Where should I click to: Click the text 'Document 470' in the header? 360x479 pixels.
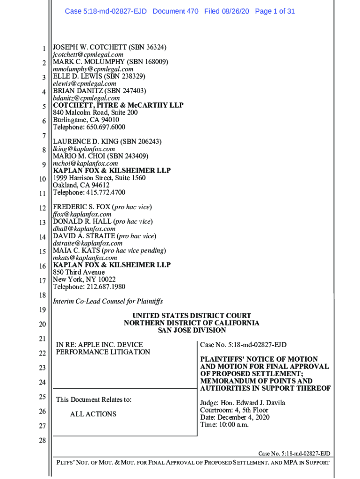pyautogui.click(x=175, y=11)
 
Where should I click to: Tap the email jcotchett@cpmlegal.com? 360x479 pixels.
pyautogui.click(x=88, y=55)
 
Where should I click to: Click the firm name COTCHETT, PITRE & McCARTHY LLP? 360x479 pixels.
pyautogui.click(x=118, y=105)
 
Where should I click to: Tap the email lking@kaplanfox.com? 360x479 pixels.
pyautogui.click(x=84, y=149)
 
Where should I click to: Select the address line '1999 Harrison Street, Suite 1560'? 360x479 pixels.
pyautogui.click(x=99, y=178)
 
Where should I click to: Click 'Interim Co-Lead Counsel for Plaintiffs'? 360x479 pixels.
pyautogui.click(x=108, y=302)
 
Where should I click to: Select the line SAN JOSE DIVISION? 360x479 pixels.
pyautogui.click(x=192, y=330)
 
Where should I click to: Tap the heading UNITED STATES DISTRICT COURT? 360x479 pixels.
pyautogui.click(x=192, y=316)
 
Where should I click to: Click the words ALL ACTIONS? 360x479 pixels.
pyautogui.click(x=93, y=414)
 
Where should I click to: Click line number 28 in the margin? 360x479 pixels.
pyautogui.click(x=42, y=440)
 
